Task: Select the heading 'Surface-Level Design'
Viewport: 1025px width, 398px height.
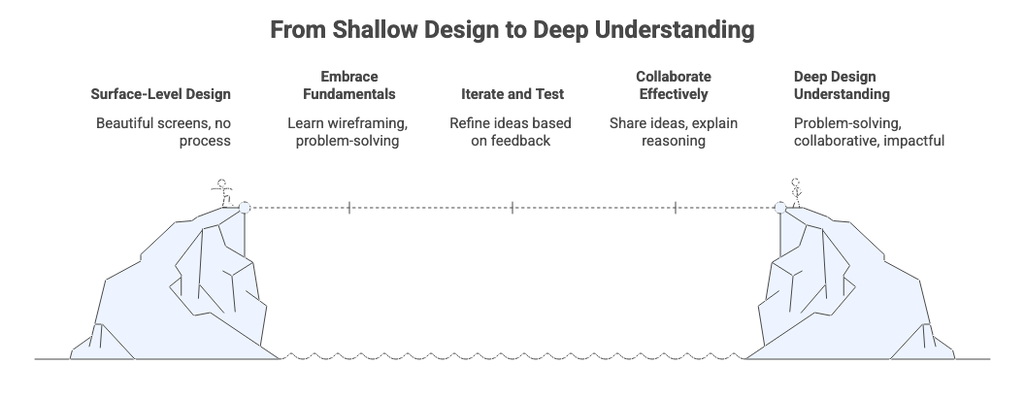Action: (161, 94)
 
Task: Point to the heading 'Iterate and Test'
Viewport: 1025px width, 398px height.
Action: (512, 94)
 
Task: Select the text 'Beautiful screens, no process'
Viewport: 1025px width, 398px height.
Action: (161, 132)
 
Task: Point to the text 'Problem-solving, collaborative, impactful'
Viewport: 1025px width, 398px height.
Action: (869, 132)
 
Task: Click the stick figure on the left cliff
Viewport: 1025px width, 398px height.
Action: (223, 192)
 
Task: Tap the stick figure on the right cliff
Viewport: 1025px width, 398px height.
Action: (797, 191)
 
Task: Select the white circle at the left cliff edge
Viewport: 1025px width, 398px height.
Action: (245, 207)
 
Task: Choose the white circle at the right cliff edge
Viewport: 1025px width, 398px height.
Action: (779, 207)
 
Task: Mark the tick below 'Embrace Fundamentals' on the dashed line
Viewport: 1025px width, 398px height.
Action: (349, 207)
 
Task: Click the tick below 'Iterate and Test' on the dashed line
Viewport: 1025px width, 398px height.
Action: (512, 207)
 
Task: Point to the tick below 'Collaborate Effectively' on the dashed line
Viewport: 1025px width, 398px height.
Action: (676, 207)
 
